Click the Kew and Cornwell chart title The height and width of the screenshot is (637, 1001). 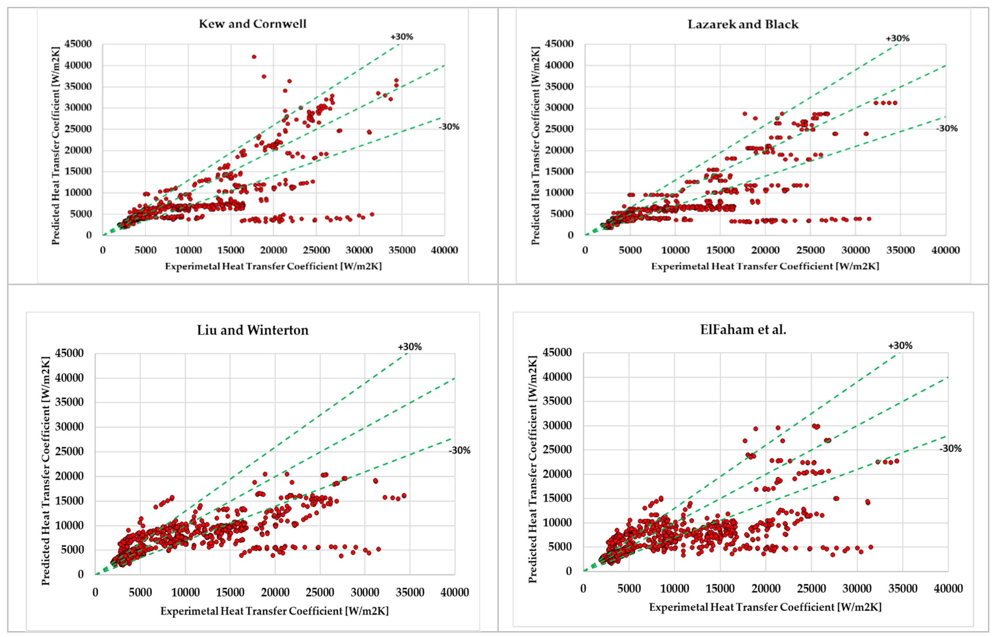pos(252,24)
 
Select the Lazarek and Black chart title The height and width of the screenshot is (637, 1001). pos(742,24)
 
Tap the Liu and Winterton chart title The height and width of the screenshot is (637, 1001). pos(252,330)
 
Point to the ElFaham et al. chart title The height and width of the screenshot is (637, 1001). pos(743,329)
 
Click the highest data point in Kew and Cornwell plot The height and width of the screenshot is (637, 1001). pos(254,57)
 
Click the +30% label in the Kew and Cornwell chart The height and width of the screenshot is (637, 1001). pos(402,37)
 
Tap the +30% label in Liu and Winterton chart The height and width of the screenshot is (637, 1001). pos(410,347)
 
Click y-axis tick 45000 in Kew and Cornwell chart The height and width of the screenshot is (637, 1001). pos(78,44)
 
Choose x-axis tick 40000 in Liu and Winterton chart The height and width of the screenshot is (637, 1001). pos(454,592)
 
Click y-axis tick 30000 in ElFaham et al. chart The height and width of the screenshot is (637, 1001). pos(557,425)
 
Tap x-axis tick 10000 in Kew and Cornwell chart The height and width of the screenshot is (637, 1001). pos(188,250)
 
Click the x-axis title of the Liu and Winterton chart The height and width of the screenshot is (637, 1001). pos(274,611)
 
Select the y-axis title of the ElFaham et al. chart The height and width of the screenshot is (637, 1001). pos(532,469)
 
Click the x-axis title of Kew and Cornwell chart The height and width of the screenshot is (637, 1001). pos(273,266)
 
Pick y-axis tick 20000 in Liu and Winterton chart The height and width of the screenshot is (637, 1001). pos(70,476)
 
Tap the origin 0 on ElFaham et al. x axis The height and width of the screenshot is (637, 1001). pos(583,588)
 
